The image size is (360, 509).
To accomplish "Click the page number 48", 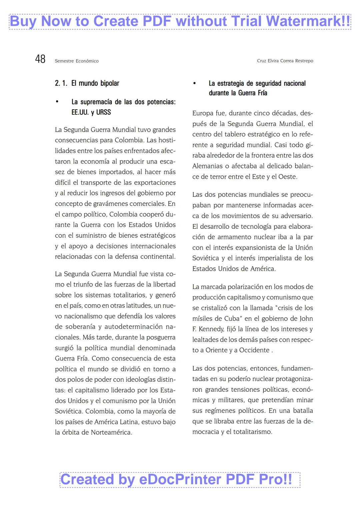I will pyautogui.click(x=40, y=59).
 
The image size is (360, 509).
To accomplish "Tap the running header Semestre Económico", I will pyautogui.click(x=77, y=61).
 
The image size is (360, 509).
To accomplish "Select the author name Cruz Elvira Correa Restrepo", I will pyautogui.click(x=285, y=61).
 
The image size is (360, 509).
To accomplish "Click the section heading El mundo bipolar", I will pyautogui.click(x=95, y=83).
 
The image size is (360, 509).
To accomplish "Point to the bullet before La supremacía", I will pyautogui.click(x=57, y=102).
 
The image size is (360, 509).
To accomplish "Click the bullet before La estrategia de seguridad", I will pyautogui.click(x=195, y=83).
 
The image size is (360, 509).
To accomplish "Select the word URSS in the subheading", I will pyautogui.click(x=103, y=112).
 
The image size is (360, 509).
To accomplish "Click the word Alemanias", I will pyautogui.click(x=207, y=166).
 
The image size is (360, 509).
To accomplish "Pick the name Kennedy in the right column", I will pyautogui.click(x=211, y=329).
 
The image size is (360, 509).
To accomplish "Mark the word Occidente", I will pyautogui.click(x=254, y=350).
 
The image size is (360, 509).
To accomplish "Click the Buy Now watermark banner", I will pyautogui.click(x=180, y=22).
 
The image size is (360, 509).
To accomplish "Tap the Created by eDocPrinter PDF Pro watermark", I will pyautogui.click(x=180, y=480).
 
